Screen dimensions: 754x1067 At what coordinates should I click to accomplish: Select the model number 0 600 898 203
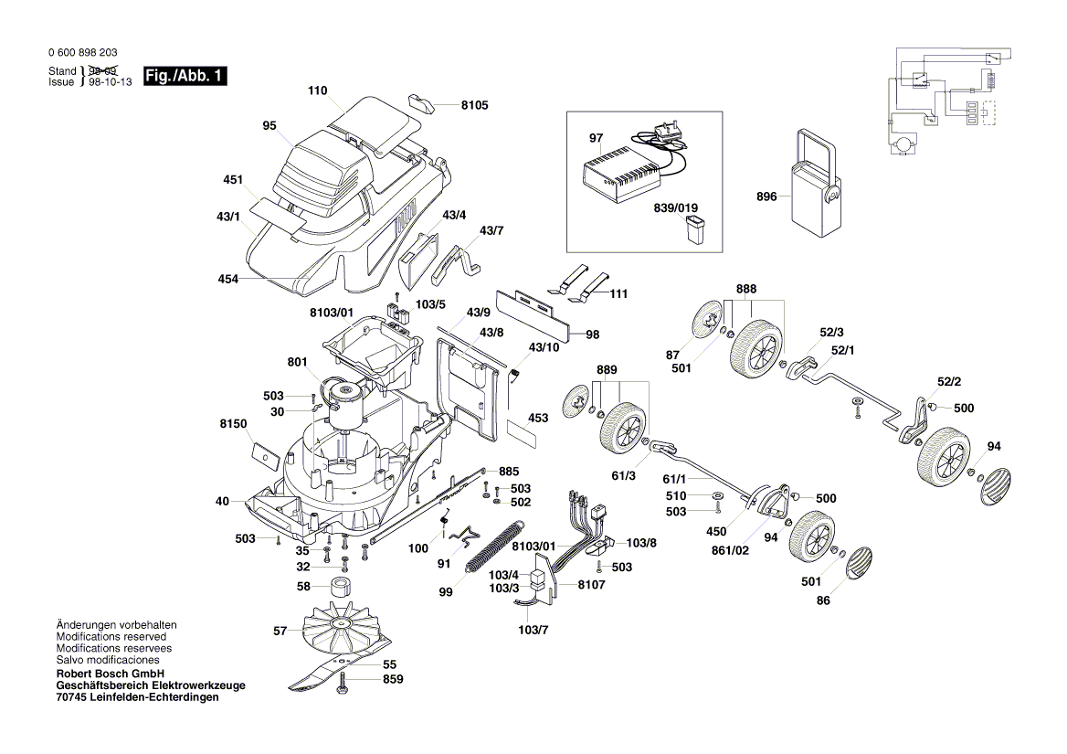click(x=82, y=53)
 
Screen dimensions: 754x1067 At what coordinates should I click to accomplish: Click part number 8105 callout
click(x=474, y=105)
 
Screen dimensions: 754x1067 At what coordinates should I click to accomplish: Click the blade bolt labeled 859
click(x=343, y=682)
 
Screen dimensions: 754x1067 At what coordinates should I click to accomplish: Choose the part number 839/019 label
click(x=677, y=207)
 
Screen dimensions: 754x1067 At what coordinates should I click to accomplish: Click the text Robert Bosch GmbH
click(x=111, y=673)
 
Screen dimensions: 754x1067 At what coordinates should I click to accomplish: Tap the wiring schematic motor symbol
click(x=904, y=143)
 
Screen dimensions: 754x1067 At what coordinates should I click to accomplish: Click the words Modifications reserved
click(x=111, y=637)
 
